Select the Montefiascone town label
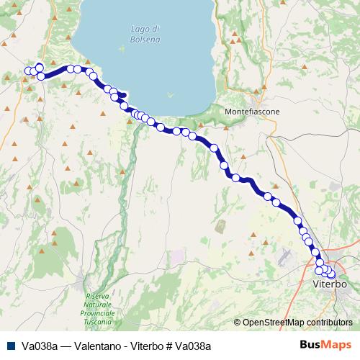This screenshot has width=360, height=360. (252, 112)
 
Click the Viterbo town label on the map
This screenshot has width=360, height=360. (331, 285)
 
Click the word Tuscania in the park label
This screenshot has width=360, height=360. (99, 322)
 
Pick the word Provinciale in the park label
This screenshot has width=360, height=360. (99, 313)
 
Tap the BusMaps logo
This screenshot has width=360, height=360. (325, 345)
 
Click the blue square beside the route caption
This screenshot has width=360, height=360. (12, 346)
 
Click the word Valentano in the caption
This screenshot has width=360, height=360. (96, 346)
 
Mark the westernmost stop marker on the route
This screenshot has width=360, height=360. (29, 71)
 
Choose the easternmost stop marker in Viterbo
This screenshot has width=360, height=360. (331, 273)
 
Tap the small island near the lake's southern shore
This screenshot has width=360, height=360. (170, 94)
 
